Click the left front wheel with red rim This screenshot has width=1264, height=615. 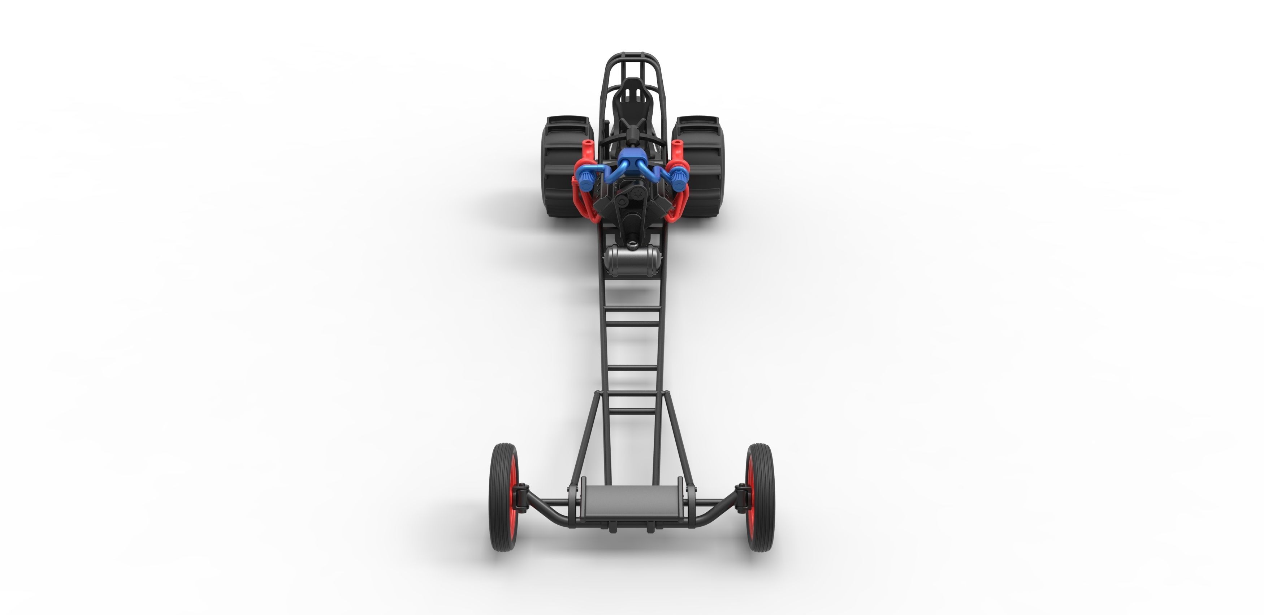tap(504, 497)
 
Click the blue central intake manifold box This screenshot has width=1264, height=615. tap(632, 162)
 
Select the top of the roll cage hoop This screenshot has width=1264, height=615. tap(632, 54)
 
